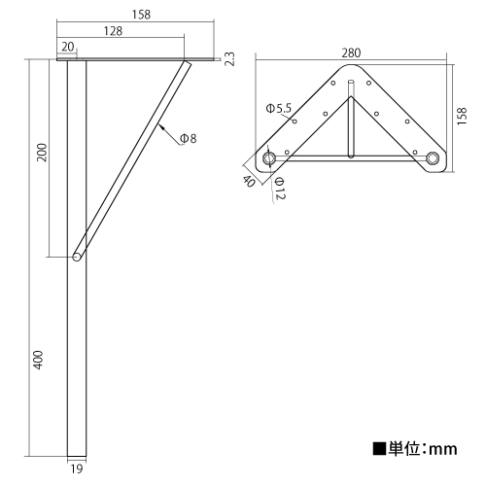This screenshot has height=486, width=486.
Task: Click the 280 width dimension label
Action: click(x=351, y=52)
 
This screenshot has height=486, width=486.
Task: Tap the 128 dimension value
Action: click(x=113, y=31)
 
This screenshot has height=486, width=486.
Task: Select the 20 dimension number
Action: click(x=67, y=47)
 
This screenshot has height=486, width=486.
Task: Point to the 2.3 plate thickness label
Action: click(x=229, y=58)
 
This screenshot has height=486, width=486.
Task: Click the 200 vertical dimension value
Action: click(x=42, y=153)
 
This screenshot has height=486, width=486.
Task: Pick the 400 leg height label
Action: click(x=38, y=360)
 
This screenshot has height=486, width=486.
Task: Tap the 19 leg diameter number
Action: click(x=77, y=469)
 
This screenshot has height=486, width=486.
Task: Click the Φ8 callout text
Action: click(x=189, y=139)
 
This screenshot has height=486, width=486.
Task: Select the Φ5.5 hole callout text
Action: click(x=279, y=108)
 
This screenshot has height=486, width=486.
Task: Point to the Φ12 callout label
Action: click(x=280, y=188)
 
